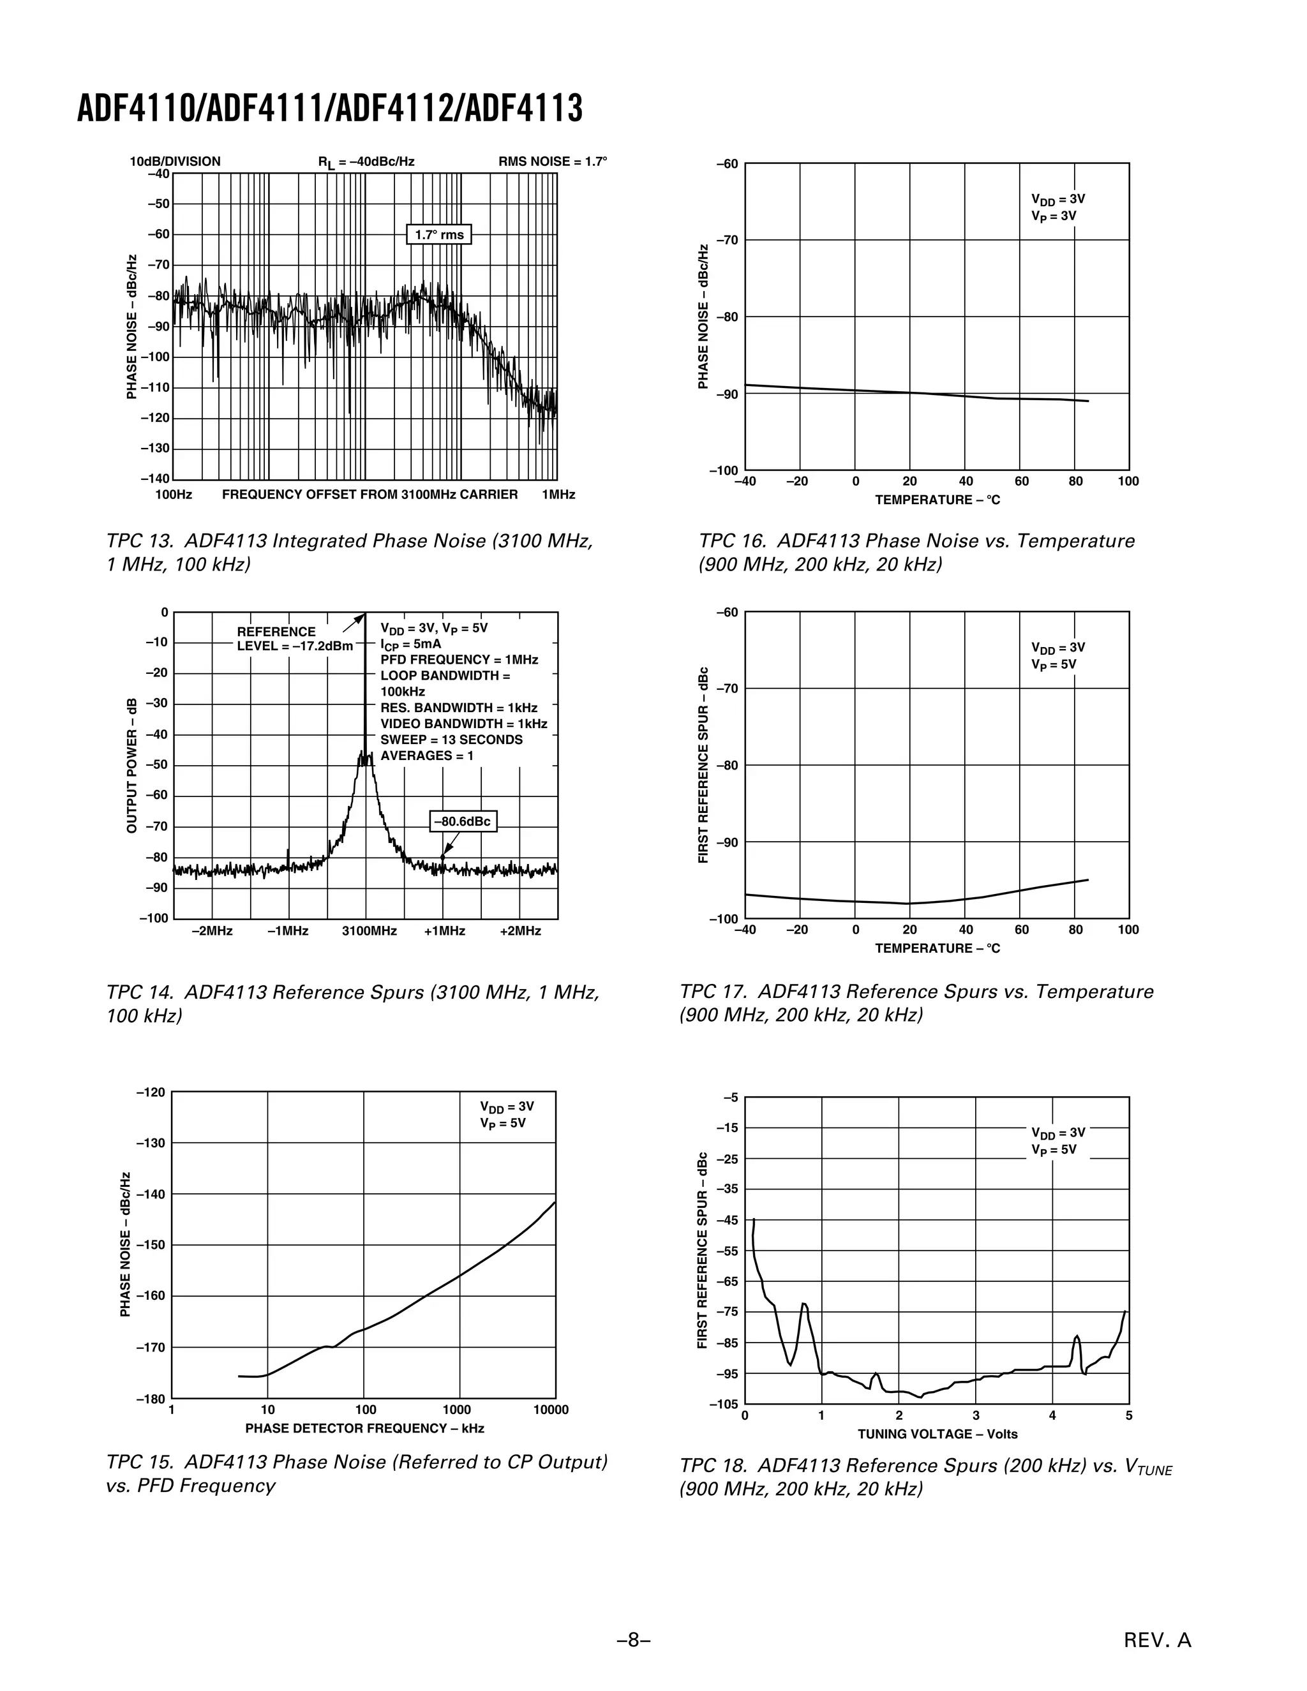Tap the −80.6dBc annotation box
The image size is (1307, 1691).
462,821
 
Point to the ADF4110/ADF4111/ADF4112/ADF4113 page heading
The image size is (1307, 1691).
330,108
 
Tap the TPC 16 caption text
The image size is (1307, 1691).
916,553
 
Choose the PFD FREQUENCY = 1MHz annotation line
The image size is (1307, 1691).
459,660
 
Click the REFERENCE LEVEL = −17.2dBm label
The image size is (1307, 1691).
294,639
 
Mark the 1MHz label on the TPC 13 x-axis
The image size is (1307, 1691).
558,495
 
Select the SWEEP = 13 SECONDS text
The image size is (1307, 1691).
451,740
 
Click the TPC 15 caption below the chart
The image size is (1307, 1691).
356,1473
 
